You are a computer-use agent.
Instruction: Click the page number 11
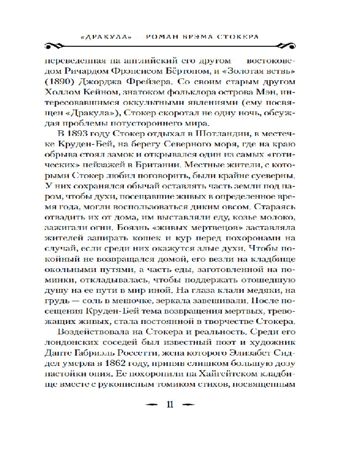coord(170,404)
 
